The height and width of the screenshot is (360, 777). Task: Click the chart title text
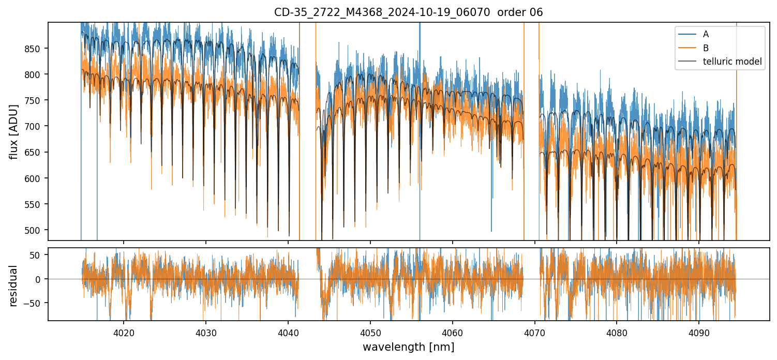(408, 12)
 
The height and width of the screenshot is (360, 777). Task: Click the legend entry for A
(706, 34)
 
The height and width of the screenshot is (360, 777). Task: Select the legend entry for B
(706, 48)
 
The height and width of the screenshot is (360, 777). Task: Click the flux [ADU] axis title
(14, 131)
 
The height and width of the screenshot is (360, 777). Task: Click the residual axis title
(14, 286)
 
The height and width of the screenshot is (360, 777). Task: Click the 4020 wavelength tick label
(124, 331)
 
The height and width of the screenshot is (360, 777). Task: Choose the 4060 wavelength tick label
(453, 331)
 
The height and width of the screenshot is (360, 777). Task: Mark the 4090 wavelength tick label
(699, 331)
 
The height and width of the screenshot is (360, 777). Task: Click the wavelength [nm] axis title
(408, 347)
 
